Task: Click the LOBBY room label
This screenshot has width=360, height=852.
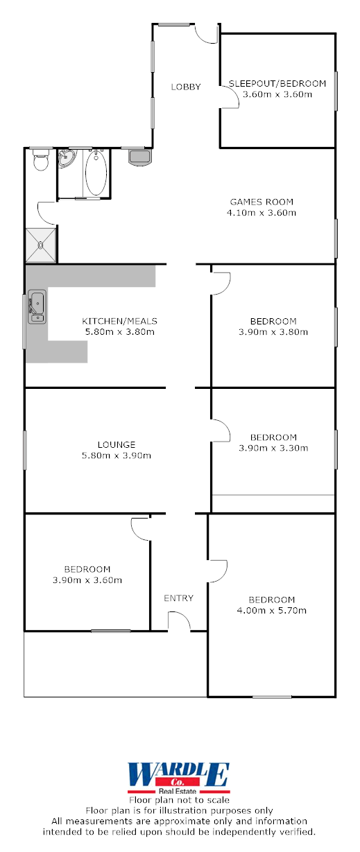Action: point(186,87)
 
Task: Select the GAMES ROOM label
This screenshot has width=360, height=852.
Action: point(262,202)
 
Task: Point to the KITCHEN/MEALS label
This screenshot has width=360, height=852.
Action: point(120,321)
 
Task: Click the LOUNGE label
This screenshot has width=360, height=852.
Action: point(117,444)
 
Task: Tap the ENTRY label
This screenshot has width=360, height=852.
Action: point(178,598)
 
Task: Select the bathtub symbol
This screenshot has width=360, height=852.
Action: point(96,173)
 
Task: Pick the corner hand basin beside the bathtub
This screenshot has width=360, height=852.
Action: point(67,159)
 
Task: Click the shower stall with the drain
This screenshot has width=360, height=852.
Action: point(41,245)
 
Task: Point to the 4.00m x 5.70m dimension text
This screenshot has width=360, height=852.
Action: point(271,611)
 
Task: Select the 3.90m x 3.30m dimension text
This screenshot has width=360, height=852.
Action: point(273,448)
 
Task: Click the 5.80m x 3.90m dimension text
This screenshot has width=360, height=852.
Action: point(117,455)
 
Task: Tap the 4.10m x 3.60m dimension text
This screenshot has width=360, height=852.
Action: point(262,213)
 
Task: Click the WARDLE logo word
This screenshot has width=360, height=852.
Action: point(178,774)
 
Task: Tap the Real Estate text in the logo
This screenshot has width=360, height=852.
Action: point(178,790)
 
